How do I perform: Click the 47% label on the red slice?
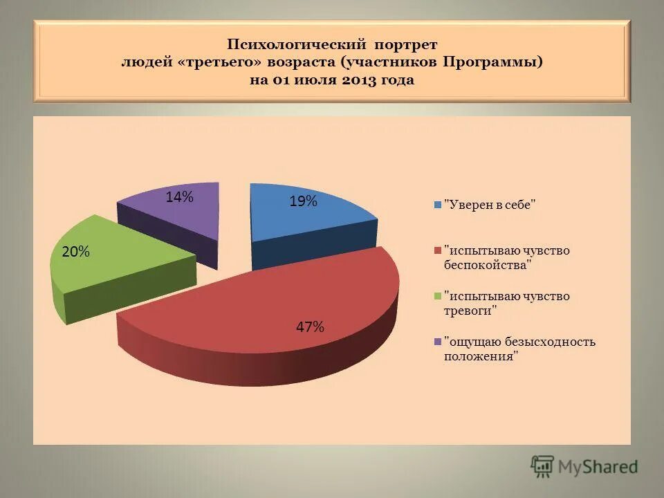click(x=310, y=327)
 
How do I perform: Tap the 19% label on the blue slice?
click(x=303, y=201)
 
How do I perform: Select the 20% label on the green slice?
click(x=75, y=252)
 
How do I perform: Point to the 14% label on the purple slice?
click(x=179, y=197)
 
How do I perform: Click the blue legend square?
click(x=438, y=205)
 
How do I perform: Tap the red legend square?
click(x=438, y=250)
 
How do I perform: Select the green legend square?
click(x=438, y=296)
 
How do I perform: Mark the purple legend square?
click(x=438, y=342)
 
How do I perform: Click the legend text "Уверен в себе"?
click(x=490, y=205)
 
